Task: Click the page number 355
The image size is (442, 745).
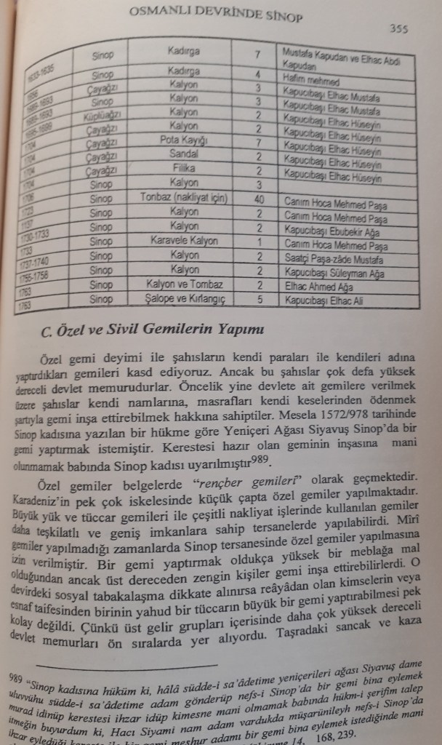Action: (x=398, y=29)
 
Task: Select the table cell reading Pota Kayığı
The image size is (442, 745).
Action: (x=183, y=140)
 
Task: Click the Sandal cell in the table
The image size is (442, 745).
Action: (x=183, y=154)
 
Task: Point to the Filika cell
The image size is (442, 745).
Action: (x=183, y=168)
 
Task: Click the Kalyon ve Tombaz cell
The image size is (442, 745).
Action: (x=183, y=284)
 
